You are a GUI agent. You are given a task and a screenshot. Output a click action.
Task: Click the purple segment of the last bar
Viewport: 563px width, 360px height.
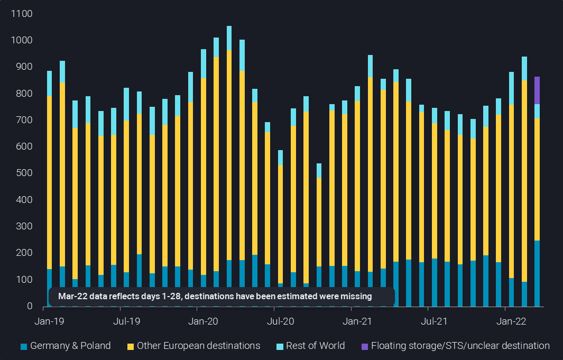[x=537, y=90]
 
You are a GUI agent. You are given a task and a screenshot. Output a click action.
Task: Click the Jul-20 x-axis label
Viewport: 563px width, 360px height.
[x=280, y=321]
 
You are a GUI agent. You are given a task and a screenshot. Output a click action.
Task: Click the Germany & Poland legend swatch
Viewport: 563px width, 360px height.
[x=24, y=347]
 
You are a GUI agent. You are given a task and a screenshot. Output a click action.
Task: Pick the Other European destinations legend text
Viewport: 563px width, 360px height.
[x=198, y=346]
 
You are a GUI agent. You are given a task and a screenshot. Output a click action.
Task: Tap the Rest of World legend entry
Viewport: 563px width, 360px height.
[x=315, y=346]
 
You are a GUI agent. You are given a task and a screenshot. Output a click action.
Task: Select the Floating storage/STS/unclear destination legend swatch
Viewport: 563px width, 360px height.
[x=364, y=347]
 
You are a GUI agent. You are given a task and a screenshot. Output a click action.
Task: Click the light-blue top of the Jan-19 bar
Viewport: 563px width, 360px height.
[x=49, y=84]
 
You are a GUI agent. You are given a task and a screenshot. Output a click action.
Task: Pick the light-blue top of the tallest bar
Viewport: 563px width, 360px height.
[x=229, y=38]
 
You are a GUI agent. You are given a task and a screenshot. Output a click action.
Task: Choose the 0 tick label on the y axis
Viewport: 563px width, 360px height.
[x=30, y=307]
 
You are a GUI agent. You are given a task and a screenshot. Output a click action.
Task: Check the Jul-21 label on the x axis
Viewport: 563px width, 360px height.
[x=433, y=321]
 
